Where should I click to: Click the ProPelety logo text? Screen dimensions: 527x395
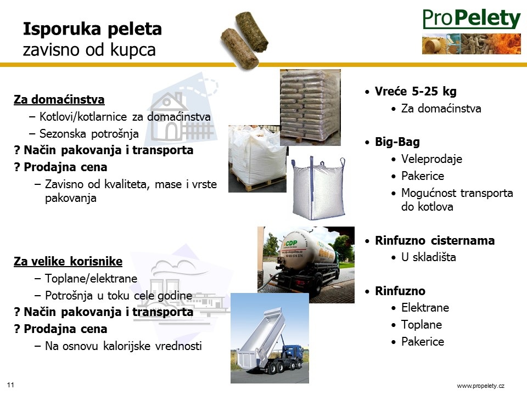472,19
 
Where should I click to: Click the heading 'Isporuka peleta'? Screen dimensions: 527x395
92,29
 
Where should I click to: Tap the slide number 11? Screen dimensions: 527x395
10,385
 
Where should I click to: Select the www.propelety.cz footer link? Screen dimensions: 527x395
481,386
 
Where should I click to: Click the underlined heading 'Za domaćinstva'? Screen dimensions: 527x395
59,99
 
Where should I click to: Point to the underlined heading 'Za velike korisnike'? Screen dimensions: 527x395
68,261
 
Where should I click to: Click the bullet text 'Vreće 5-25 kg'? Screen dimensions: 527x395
416,92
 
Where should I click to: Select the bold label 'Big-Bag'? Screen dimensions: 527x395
397,142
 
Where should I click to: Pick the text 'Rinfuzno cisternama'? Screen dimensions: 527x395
435,240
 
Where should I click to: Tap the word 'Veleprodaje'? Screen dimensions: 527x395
432,159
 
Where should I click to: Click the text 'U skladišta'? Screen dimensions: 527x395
429,257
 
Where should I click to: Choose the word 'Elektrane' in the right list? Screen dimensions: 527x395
425,308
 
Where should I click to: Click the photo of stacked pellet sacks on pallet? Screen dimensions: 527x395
310,108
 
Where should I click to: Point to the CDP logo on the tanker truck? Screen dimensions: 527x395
291,243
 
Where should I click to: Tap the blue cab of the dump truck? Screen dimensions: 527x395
291,353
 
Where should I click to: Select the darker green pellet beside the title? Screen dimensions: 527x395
252,31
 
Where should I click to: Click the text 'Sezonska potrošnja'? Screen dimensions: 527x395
89,134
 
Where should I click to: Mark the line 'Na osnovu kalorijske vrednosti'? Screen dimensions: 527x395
124,346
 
